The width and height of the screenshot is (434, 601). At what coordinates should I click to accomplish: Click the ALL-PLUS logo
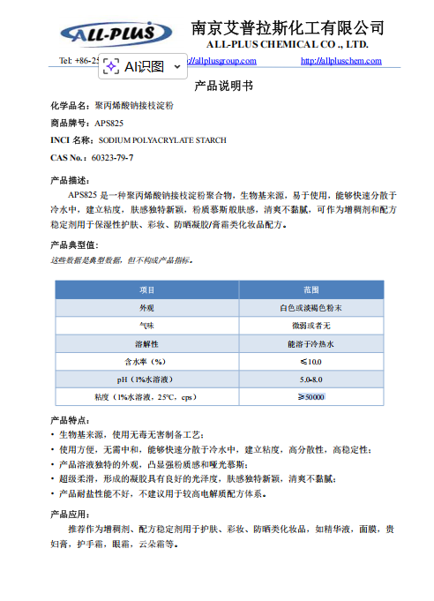point(116,34)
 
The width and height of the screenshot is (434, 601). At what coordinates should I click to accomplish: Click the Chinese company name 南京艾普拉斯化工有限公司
point(288,27)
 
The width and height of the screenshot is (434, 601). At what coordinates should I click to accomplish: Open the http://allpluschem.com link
point(341,60)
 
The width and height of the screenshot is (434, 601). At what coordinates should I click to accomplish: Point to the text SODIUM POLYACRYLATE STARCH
point(162,139)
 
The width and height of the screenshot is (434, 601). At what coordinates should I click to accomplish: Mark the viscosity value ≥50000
point(311,397)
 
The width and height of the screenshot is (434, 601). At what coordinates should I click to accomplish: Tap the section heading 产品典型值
point(79,244)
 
